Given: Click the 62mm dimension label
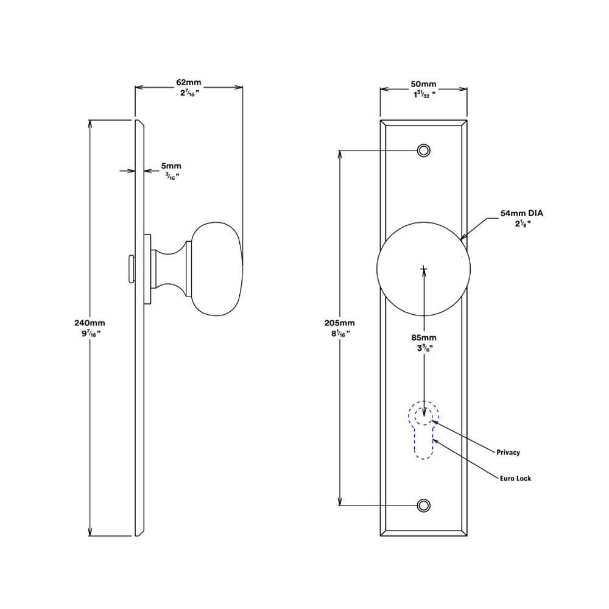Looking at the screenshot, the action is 189,82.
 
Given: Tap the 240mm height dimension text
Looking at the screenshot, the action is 90,323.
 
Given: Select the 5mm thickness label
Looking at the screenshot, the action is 171,166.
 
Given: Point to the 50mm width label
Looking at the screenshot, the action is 423,84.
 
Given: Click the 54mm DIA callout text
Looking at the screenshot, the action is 522,213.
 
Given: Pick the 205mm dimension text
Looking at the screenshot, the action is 339,323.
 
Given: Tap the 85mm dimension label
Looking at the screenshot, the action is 424,337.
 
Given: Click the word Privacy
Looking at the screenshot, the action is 508,452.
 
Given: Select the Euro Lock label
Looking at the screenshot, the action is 515,479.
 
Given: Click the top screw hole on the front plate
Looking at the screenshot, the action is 424,150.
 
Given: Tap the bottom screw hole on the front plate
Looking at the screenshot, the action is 424,505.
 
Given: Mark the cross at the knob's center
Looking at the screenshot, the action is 424,269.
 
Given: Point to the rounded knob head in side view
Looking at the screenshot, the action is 217,269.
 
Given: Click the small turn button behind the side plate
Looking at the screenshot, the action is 132,269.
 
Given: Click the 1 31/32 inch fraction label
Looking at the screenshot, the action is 424,94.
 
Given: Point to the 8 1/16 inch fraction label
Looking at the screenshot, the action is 340,334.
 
